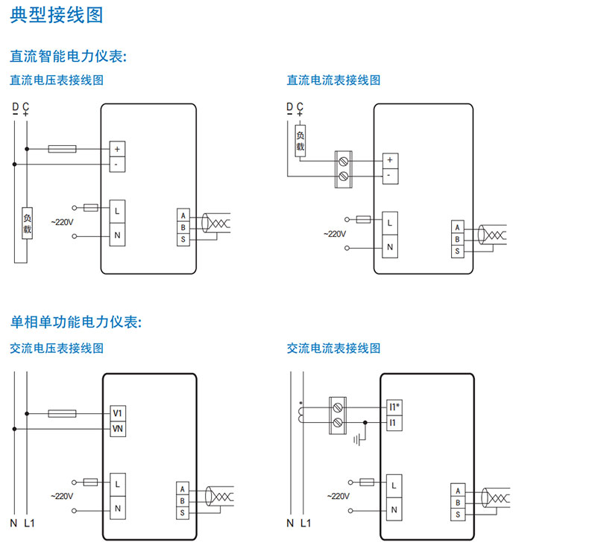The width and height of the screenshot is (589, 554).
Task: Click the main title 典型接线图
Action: click(x=57, y=16)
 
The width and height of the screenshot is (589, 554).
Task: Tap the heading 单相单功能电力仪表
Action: click(x=75, y=322)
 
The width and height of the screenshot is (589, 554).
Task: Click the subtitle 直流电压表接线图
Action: click(x=56, y=80)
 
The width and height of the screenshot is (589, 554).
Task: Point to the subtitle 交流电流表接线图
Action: click(x=333, y=348)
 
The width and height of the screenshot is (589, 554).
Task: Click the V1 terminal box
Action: click(x=118, y=413)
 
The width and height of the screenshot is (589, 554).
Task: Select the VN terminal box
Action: click(x=118, y=429)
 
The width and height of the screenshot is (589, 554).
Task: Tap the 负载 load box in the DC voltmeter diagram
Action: click(x=28, y=224)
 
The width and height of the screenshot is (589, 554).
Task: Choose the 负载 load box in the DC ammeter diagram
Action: click(x=300, y=141)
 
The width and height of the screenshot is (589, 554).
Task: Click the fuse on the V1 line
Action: click(x=61, y=413)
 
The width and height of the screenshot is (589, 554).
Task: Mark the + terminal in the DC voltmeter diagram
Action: click(x=117, y=148)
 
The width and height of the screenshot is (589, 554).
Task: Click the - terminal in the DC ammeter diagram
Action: click(x=390, y=176)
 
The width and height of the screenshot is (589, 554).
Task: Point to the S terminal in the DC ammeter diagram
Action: click(x=457, y=252)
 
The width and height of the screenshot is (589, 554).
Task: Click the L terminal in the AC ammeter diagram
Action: click(x=394, y=485)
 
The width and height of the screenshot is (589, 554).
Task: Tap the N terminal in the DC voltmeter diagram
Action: click(x=118, y=235)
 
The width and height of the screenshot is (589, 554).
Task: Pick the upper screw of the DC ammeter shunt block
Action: click(x=343, y=160)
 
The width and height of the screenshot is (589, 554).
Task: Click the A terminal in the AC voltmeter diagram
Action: click(x=182, y=489)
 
